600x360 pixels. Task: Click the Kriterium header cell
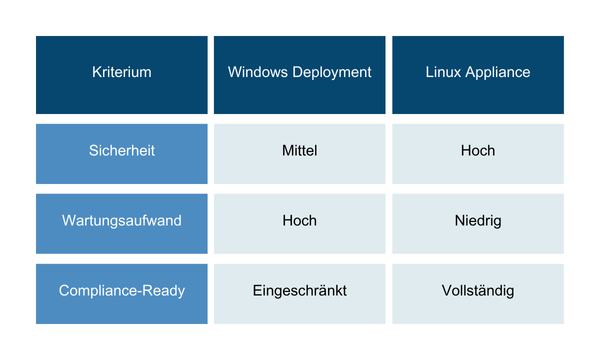(121, 73)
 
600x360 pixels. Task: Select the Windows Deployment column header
(299, 73)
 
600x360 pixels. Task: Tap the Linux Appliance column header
(477, 73)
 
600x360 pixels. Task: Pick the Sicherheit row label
(121, 151)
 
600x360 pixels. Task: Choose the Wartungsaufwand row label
(121, 220)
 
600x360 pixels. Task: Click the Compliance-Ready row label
(121, 291)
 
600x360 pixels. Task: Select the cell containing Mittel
(299, 151)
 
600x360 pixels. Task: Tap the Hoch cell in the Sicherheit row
(477, 151)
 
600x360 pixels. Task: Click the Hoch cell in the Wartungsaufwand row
(299, 220)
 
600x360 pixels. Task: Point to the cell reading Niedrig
(477, 220)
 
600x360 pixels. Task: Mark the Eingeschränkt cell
(299, 291)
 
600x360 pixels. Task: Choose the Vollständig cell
(477, 291)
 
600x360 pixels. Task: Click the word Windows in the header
(256, 73)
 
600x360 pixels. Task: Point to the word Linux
(443, 73)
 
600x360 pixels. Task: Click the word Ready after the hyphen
(163, 291)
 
